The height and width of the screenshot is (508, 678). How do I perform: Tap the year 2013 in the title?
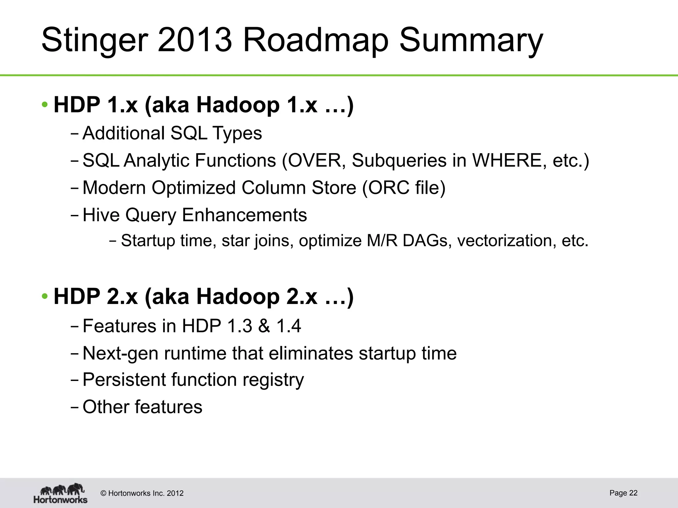[x=195, y=40]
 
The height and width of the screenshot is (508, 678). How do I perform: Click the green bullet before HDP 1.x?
[x=45, y=105]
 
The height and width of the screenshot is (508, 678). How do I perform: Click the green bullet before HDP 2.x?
[x=45, y=296]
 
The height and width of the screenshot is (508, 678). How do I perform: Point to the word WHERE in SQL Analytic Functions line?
[x=509, y=161]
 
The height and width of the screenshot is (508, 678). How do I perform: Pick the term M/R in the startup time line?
[x=382, y=241]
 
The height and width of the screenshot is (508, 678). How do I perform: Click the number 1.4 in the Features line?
[x=289, y=326]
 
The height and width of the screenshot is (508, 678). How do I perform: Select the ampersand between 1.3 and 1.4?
[x=264, y=326]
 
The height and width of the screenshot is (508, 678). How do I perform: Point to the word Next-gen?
[x=121, y=354]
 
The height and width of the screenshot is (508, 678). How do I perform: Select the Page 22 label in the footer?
[x=623, y=493]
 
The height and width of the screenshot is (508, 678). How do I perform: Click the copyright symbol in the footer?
[x=104, y=493]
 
